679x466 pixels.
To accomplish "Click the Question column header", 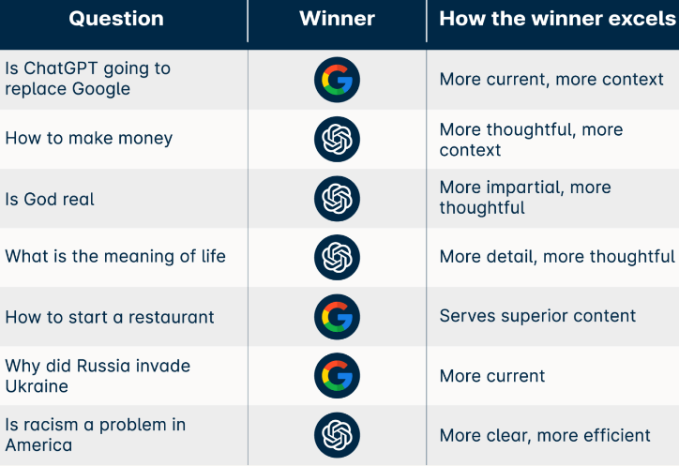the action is tap(116, 19).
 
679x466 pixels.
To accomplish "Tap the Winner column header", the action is tap(337, 19).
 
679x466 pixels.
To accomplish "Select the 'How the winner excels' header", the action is tap(558, 19).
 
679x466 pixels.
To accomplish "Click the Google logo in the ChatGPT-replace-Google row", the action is tap(337, 80).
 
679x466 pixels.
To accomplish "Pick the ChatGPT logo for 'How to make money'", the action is tap(337, 139).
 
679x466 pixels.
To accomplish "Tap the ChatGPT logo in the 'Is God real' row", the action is tap(337, 199).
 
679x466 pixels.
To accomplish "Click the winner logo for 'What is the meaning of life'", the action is tap(337, 257).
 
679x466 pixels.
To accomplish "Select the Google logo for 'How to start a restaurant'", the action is tap(337, 317).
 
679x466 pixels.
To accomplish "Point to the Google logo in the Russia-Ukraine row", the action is tap(337, 375).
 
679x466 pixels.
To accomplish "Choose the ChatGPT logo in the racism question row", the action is tap(337, 435).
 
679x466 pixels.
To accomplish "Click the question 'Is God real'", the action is tap(50, 199).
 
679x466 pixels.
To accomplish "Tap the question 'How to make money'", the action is tap(89, 138).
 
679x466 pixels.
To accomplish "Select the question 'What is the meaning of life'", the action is tap(115, 256).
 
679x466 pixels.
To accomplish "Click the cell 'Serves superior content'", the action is tap(537, 316).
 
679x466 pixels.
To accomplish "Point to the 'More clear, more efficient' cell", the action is tap(545, 435).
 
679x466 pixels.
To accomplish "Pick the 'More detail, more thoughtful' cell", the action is tap(557, 256).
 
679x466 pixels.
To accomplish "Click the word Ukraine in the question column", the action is tap(37, 386).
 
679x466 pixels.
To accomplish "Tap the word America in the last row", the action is tap(39, 444).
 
